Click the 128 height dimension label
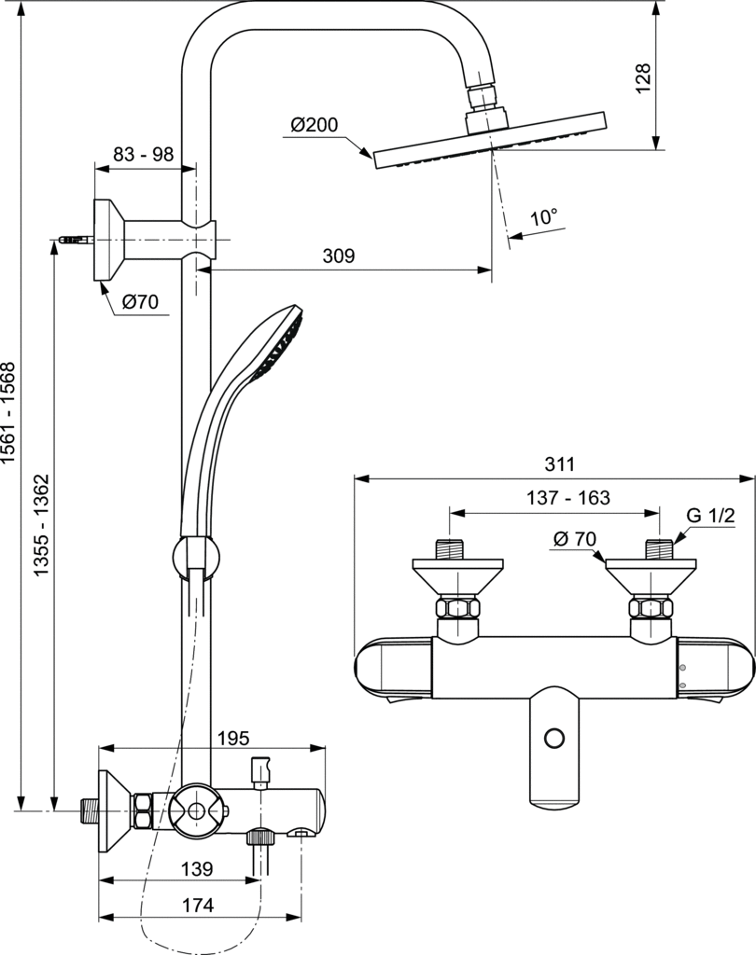click(x=643, y=79)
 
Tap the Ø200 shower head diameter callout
click(x=314, y=125)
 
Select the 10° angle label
click(x=542, y=217)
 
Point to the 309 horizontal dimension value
click(x=339, y=256)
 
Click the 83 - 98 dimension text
click(x=143, y=155)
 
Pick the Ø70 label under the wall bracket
click(x=141, y=301)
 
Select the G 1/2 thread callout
click(x=711, y=516)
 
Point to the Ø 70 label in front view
click(x=574, y=538)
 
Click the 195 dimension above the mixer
click(x=232, y=738)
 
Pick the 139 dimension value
click(x=196, y=868)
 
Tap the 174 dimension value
click(x=197, y=904)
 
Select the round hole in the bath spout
click(x=555, y=738)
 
